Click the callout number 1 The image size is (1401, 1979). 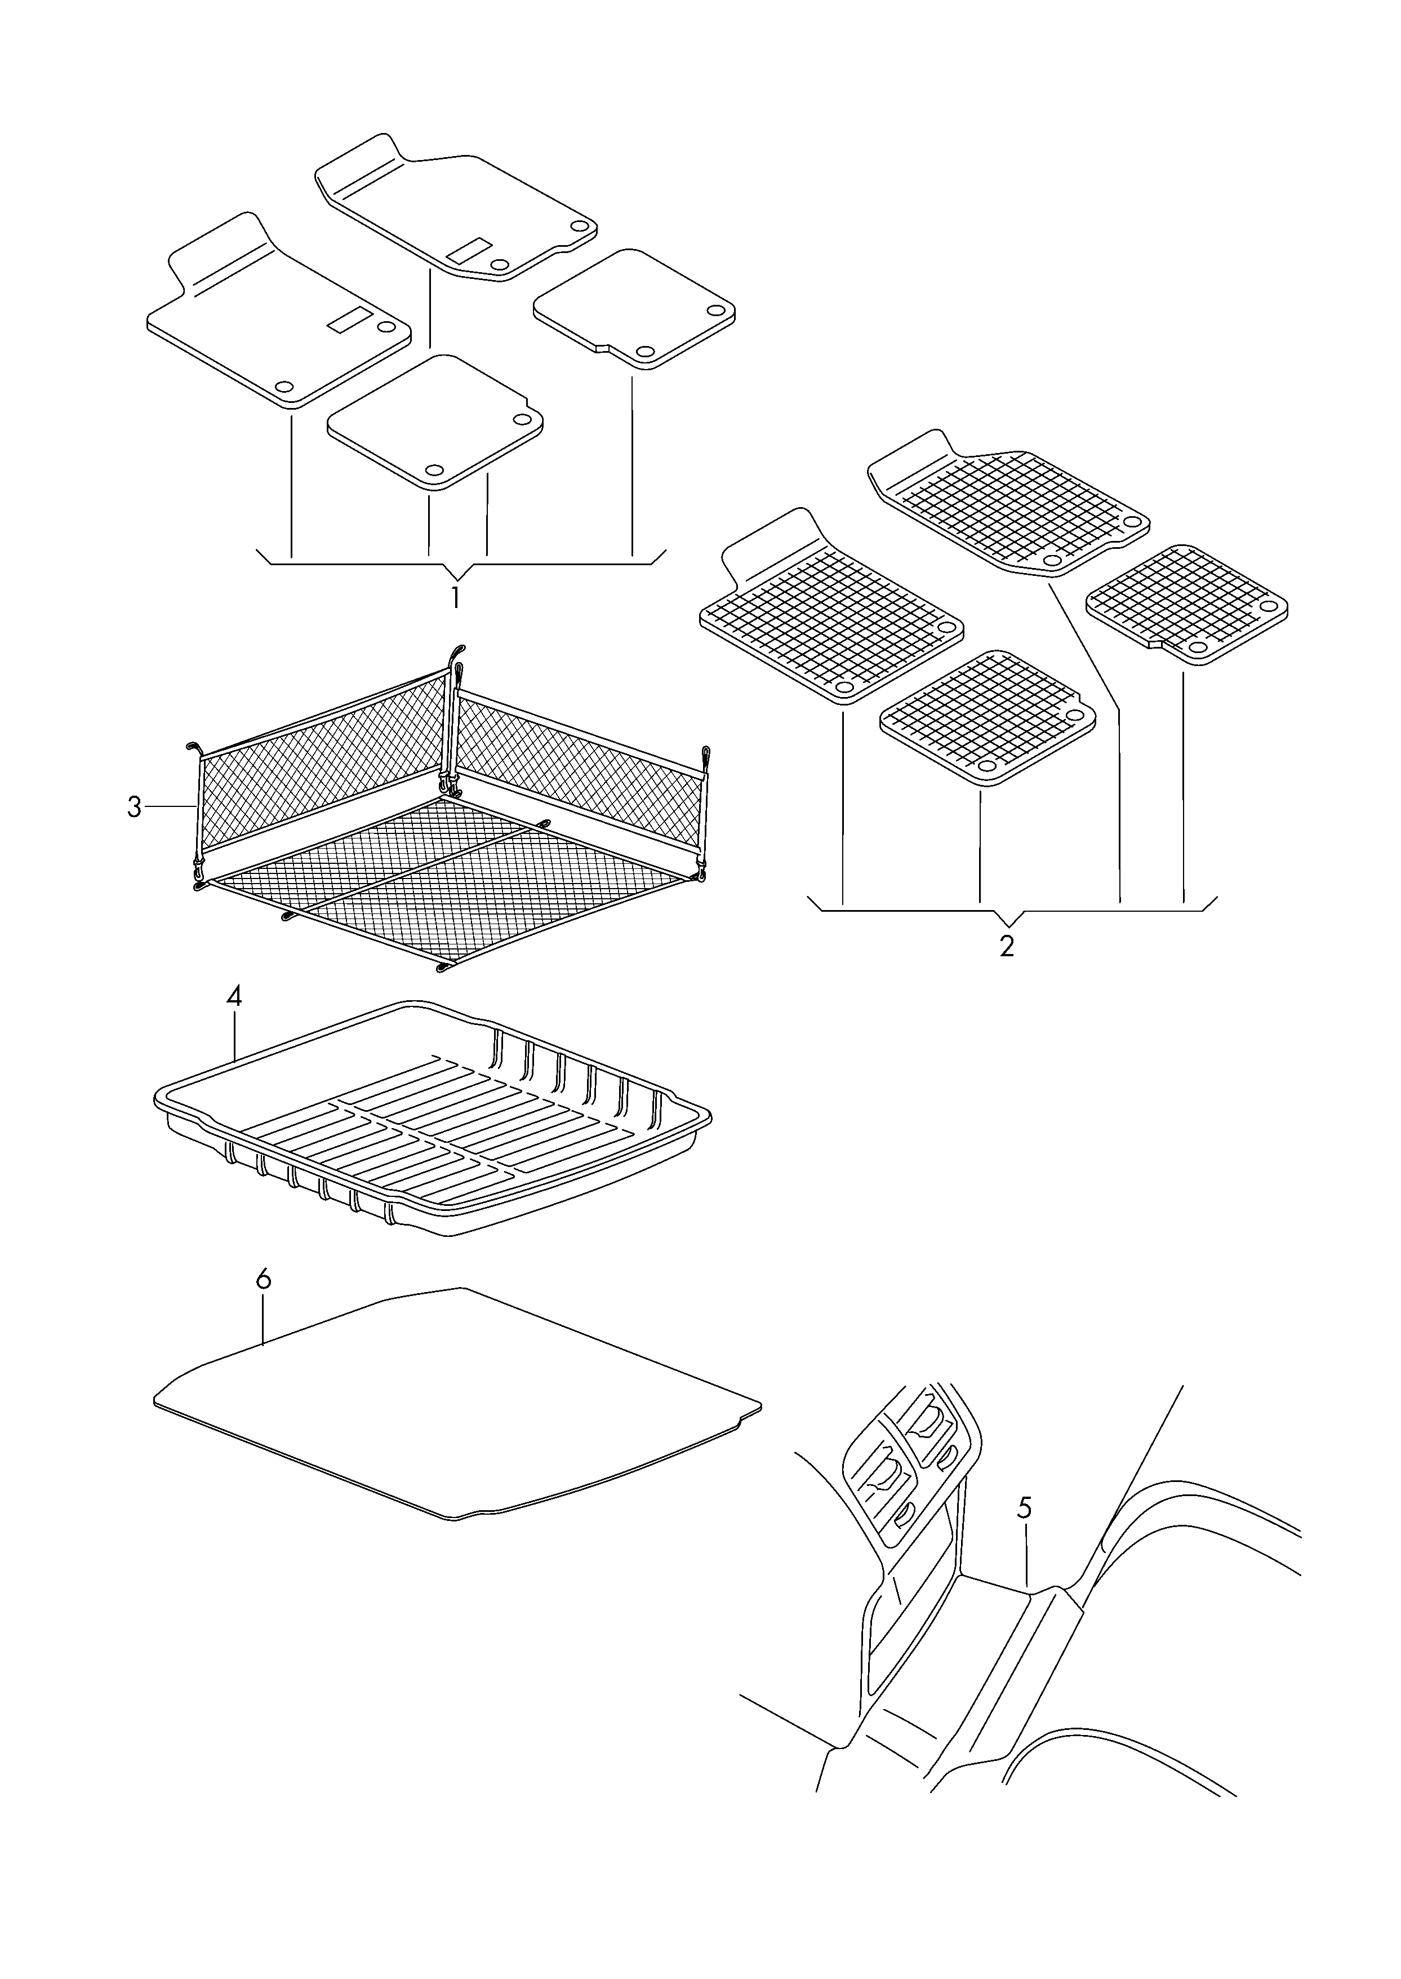(x=456, y=598)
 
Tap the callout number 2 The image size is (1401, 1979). (x=1007, y=946)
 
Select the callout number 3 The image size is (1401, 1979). (x=134, y=807)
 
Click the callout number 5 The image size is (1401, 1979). (x=1024, y=1508)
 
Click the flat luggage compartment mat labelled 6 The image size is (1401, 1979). (x=457, y=1415)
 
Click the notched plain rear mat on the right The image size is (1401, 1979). (x=635, y=310)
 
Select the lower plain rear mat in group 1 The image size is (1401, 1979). (x=435, y=423)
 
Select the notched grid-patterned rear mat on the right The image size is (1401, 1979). (x=1187, y=605)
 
